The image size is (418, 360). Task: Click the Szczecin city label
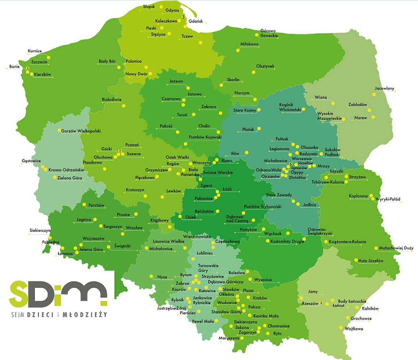(x=39, y=62)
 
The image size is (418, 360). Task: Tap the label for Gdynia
(x=172, y=11)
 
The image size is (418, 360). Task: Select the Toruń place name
(x=182, y=115)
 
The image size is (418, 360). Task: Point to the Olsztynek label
(x=265, y=66)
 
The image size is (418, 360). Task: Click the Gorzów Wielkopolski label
(x=81, y=131)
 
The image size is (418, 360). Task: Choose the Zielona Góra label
(x=70, y=178)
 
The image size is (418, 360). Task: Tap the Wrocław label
(x=134, y=228)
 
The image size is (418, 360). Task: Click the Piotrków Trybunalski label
(x=263, y=207)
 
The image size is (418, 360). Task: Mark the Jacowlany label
(x=384, y=89)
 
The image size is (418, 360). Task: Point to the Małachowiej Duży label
(x=396, y=248)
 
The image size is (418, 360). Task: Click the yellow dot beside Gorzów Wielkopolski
(x=59, y=130)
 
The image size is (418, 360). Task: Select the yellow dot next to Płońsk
(x=258, y=129)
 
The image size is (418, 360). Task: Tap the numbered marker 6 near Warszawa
(x=290, y=164)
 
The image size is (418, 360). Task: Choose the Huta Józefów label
(x=371, y=261)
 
